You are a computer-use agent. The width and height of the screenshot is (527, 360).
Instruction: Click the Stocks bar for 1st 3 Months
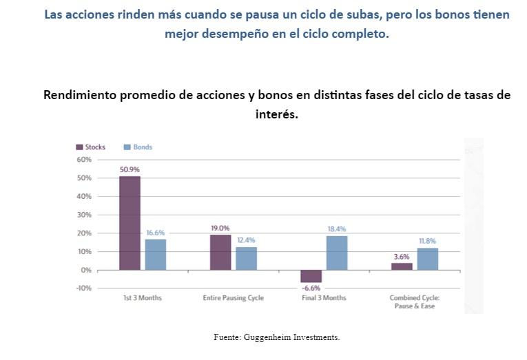(130, 223)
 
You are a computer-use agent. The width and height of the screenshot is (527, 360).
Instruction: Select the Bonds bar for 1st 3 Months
(155, 254)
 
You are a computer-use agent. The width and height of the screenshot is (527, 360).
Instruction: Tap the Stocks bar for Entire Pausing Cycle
(220, 252)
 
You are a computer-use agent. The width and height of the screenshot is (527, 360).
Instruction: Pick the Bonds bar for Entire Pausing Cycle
(246, 258)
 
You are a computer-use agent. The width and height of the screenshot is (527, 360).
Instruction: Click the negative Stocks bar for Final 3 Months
(311, 276)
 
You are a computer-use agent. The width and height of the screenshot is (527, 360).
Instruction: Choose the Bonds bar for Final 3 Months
(337, 253)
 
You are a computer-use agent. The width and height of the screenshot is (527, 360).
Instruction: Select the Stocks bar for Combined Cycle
(402, 266)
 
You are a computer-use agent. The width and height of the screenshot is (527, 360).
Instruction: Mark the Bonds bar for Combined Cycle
(427, 259)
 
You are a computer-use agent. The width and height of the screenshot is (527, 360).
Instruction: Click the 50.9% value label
(130, 169)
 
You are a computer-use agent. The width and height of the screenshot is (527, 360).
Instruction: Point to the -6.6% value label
(311, 288)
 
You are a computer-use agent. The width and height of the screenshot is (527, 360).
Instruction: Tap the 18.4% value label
(337, 229)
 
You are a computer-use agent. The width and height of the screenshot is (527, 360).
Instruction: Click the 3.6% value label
(402, 256)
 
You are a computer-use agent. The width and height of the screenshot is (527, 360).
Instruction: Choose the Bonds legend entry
(138, 147)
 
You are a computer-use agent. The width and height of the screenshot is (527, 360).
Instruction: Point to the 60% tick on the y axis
(83, 160)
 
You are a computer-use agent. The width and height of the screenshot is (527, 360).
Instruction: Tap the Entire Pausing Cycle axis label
(234, 298)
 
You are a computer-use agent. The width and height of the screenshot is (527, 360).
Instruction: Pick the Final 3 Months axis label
(324, 298)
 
